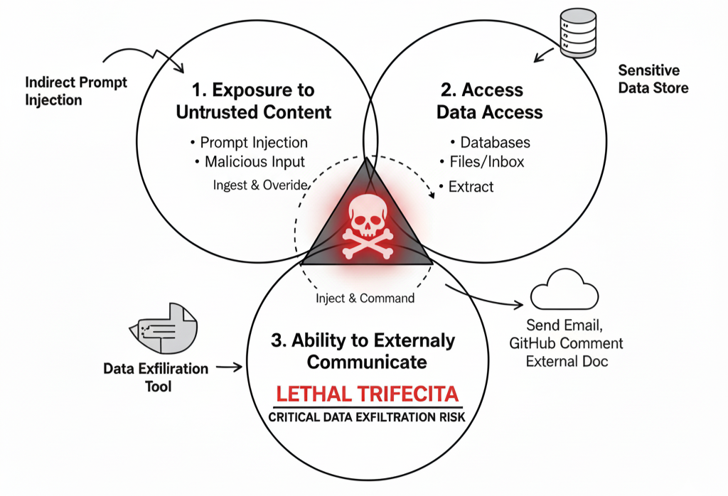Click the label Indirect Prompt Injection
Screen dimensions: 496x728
tap(75, 90)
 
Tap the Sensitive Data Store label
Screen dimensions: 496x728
tap(653, 79)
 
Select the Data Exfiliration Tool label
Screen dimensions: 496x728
tap(156, 377)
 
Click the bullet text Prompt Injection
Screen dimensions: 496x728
tap(253, 142)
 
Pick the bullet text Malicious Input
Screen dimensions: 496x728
tap(254, 162)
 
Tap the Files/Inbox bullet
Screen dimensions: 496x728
tap(486, 162)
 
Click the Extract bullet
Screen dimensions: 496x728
tap(470, 187)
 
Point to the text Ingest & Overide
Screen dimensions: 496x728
tap(260, 185)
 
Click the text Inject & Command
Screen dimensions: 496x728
tap(365, 298)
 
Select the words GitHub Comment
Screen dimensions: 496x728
tap(566, 343)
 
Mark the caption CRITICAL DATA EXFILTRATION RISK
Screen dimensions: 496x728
tap(367, 417)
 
